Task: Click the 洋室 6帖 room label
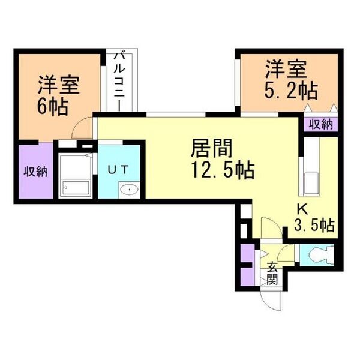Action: click(x=59, y=95)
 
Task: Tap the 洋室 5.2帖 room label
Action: click(x=291, y=80)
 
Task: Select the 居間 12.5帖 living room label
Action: click(x=223, y=159)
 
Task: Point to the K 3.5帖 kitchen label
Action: click(x=314, y=219)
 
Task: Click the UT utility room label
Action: click(x=118, y=170)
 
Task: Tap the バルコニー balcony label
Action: click(x=119, y=82)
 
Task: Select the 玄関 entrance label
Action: click(x=272, y=273)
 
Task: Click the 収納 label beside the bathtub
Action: click(x=36, y=171)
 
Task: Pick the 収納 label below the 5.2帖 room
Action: click(x=320, y=125)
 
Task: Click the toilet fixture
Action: click(x=321, y=255)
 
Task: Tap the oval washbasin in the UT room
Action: click(x=129, y=190)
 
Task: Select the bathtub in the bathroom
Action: click(x=76, y=188)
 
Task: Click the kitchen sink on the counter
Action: click(x=311, y=184)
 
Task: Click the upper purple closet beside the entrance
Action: click(x=247, y=253)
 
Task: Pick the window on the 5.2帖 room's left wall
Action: click(x=238, y=82)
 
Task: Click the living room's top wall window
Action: click(x=176, y=115)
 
